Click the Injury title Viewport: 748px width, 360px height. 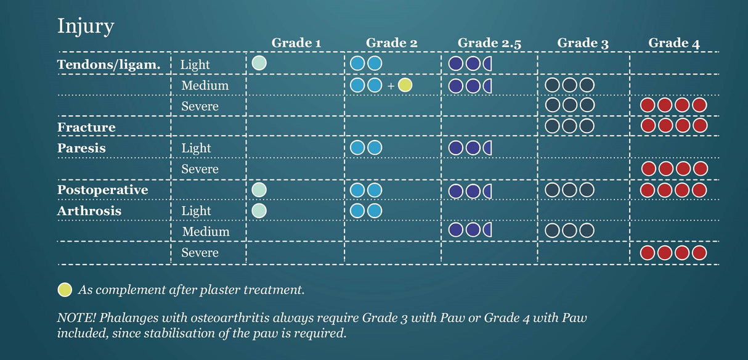[x=86, y=27]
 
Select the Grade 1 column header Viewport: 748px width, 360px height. [x=296, y=43]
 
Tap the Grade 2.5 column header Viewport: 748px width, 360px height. [x=489, y=43]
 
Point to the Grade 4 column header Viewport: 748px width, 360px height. [x=674, y=43]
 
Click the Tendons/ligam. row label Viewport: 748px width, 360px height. [x=108, y=65]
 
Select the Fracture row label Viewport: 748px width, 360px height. [x=86, y=127]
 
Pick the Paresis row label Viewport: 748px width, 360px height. [x=81, y=148]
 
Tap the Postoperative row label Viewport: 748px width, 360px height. [x=102, y=190]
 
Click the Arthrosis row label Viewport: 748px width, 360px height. [x=89, y=211]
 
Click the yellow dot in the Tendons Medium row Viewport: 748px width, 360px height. [x=405, y=85]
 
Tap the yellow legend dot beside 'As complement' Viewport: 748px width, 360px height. [x=65, y=290]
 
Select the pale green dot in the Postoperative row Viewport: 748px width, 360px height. [x=259, y=190]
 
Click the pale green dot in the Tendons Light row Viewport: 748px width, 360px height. [x=259, y=63]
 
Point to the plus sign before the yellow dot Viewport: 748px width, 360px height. [x=391, y=86]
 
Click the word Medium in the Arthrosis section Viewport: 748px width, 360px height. [x=206, y=232]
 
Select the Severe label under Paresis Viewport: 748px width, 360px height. [x=200, y=169]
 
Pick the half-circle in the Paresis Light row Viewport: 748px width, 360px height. [x=487, y=148]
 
